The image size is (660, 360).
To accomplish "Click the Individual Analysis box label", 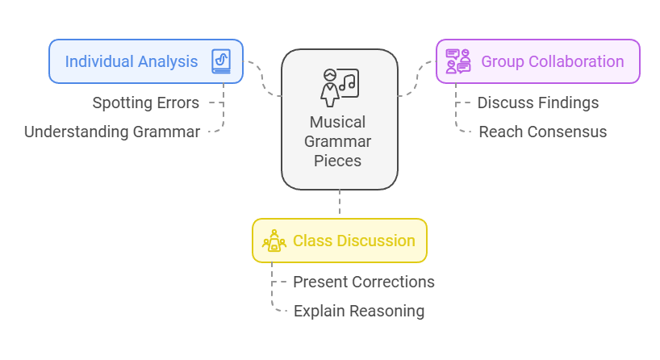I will click(x=131, y=61).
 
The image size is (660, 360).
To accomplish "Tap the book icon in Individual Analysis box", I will click(x=220, y=61).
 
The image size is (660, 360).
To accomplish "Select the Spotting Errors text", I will click(x=146, y=103).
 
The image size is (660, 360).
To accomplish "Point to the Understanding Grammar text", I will click(x=112, y=132).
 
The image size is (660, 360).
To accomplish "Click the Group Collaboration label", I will click(x=552, y=61).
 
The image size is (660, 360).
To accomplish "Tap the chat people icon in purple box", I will click(x=458, y=61).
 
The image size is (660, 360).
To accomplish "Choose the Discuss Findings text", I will click(x=537, y=103).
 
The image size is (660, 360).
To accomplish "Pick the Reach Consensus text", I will click(x=542, y=132).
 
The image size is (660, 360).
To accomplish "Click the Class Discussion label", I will click(x=353, y=241).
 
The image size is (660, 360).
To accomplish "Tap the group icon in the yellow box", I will click(x=274, y=241).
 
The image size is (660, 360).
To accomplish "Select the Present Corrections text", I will click(x=363, y=282).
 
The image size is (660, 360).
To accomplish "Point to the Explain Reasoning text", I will click(x=358, y=311).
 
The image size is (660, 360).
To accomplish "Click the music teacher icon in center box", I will click(x=339, y=86).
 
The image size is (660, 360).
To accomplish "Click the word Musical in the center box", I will click(x=339, y=123).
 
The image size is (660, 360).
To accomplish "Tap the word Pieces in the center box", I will click(x=339, y=161).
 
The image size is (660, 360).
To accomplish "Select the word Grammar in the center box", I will click(x=339, y=142).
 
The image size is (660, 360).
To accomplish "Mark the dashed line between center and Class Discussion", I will click(x=340, y=203).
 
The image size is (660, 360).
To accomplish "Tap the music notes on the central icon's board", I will click(x=349, y=81).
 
